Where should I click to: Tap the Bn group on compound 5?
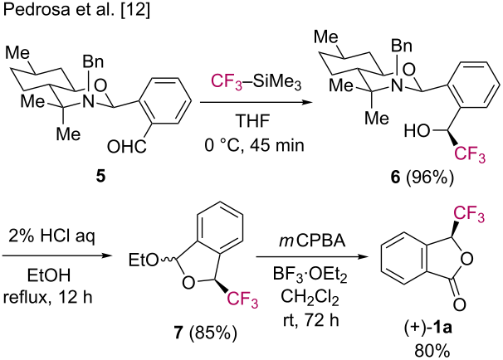click(x=99, y=63)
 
